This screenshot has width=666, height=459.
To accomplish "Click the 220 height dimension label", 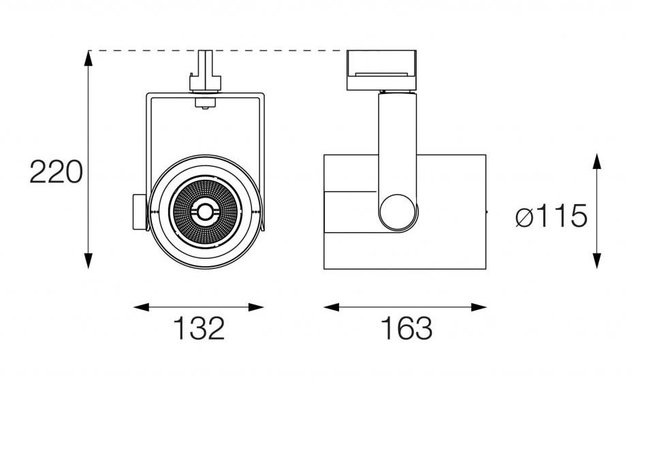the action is point(56,172).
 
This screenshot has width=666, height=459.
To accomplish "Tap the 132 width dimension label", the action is point(199,328).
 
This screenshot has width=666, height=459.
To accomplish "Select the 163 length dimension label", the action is point(407,328).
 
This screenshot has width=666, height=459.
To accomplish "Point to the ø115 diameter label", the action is point(552,216).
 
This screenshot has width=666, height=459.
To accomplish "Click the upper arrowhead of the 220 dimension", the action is point(89,58).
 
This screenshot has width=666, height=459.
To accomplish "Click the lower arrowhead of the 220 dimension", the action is point(89,261).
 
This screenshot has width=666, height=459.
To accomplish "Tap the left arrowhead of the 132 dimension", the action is point(142,307).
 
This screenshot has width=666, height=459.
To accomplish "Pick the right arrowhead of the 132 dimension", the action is point(256,307).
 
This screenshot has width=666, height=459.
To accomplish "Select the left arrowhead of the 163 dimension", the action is point(332,307).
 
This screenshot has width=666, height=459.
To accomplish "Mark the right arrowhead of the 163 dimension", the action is point(479,307).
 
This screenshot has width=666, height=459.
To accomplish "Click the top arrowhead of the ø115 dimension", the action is point(597,161).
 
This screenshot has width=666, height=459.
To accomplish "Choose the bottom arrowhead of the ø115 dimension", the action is point(597,261).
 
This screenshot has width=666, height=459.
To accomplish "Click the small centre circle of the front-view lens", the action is point(205,212).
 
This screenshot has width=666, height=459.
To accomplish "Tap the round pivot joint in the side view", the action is point(398,212).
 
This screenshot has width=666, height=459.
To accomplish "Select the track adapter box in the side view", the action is point(381,70).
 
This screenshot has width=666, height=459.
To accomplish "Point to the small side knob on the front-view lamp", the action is point(140,212).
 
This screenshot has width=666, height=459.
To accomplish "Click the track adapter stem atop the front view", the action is point(206,71).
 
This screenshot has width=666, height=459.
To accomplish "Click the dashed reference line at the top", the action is point(217,50).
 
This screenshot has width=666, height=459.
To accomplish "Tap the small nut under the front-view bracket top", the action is point(205,104).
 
